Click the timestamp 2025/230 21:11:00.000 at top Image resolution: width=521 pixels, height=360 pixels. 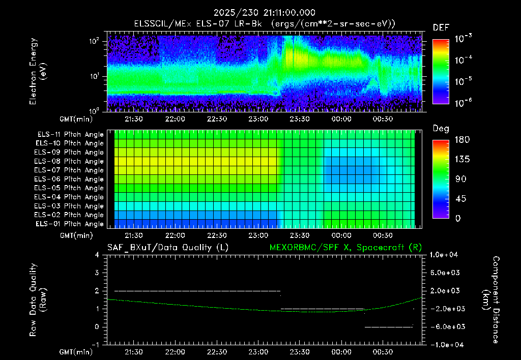[x=264, y=13]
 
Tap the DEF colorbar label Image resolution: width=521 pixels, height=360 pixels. [x=441, y=27]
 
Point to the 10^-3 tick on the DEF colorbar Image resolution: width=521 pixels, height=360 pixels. [x=463, y=39]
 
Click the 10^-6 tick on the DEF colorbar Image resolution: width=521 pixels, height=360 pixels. [x=463, y=103]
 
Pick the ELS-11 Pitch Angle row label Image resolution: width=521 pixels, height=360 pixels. [x=70, y=135]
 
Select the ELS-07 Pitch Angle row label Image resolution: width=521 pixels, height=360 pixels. [x=69, y=170]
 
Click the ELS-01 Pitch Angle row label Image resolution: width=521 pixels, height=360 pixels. [x=70, y=224]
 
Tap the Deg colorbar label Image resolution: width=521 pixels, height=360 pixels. [x=441, y=129]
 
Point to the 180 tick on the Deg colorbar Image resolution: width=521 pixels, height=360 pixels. [x=462, y=139]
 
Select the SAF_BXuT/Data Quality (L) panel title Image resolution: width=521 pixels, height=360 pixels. [x=168, y=248]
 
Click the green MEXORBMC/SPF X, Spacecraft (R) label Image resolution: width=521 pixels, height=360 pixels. [x=345, y=248]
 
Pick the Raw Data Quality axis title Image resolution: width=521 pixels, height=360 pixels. [x=38, y=299]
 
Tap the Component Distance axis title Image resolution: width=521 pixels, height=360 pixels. [x=491, y=299]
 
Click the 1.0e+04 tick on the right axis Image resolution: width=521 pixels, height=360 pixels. [x=444, y=255]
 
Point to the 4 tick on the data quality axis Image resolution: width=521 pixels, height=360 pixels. [x=97, y=255]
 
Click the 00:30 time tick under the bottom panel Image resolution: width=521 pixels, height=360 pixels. [x=383, y=352]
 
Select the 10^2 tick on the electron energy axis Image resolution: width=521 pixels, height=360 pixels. [x=94, y=42]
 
